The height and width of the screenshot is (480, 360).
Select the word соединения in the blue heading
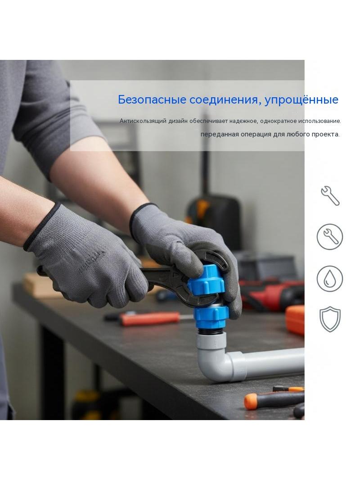(x=225, y=100)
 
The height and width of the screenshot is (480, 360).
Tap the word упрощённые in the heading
(x=301, y=100)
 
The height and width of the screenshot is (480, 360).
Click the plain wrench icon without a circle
(x=330, y=195)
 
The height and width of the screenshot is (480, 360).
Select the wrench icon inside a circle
(x=330, y=236)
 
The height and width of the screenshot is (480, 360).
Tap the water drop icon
(x=330, y=279)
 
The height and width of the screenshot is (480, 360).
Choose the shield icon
(x=330, y=320)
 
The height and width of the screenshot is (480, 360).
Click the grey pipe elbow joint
(x=214, y=358)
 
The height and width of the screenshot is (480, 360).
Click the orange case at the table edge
(x=295, y=319)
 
